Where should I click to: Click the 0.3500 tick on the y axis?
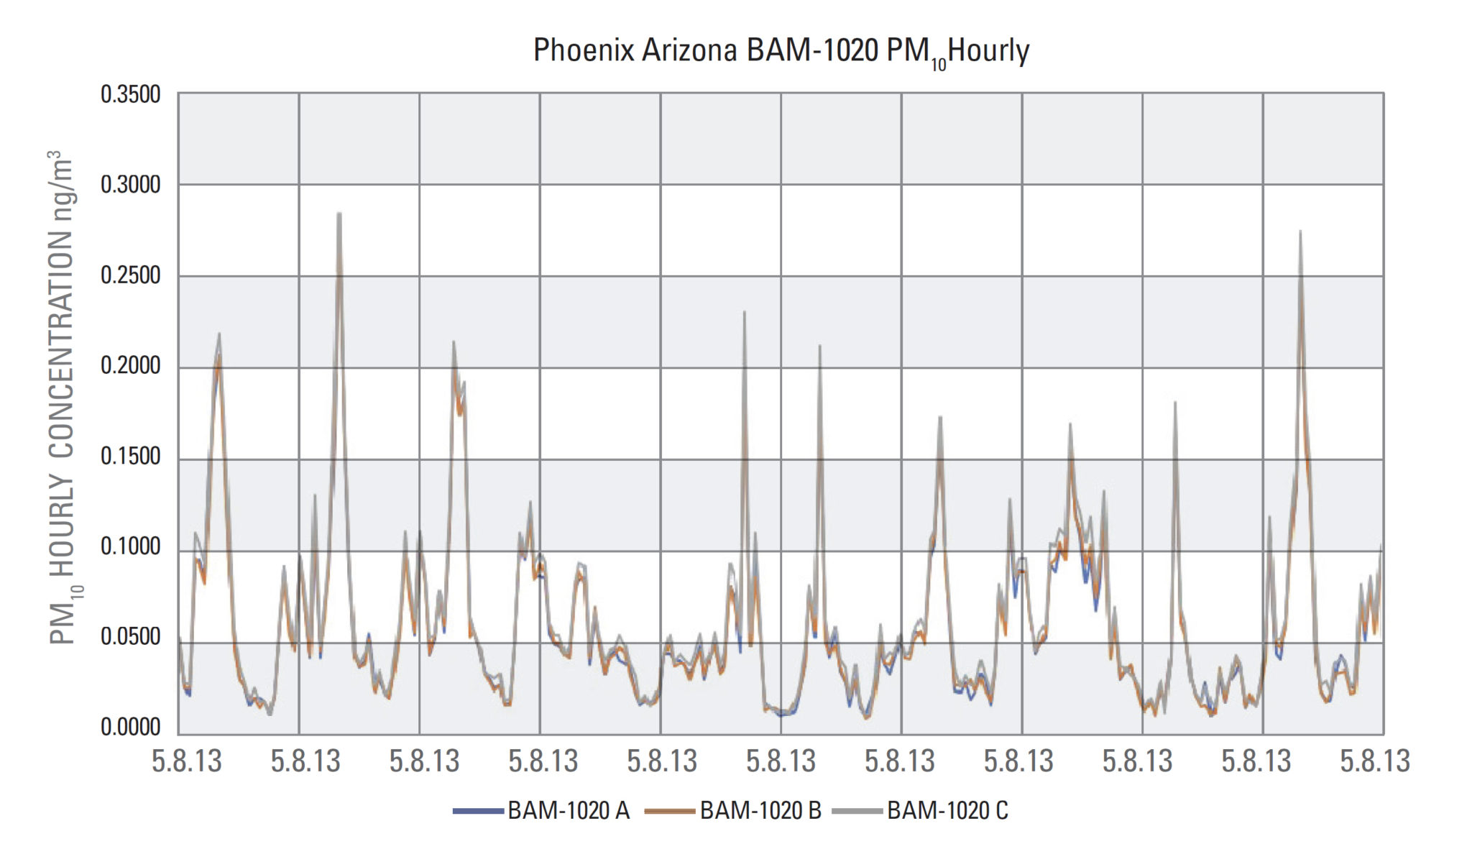[130, 95]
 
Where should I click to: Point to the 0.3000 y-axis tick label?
[130, 185]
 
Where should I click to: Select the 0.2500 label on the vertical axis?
[130, 275]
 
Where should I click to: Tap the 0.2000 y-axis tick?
[130, 366]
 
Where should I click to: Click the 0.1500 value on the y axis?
[130, 457]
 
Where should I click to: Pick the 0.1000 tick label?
[130, 547]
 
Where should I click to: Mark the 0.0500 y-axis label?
[130, 637]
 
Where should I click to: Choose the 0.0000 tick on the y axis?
[130, 728]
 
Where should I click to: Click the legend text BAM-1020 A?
[569, 811]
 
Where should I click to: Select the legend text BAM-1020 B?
[760, 811]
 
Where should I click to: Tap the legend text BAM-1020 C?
[947, 811]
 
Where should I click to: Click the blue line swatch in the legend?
[478, 812]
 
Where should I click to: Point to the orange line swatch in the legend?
[670, 812]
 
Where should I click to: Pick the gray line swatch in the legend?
[857, 812]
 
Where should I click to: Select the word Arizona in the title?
[689, 51]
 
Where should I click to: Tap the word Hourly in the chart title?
[989, 51]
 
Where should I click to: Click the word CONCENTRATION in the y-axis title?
[62, 345]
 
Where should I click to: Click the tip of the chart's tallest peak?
[339, 213]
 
